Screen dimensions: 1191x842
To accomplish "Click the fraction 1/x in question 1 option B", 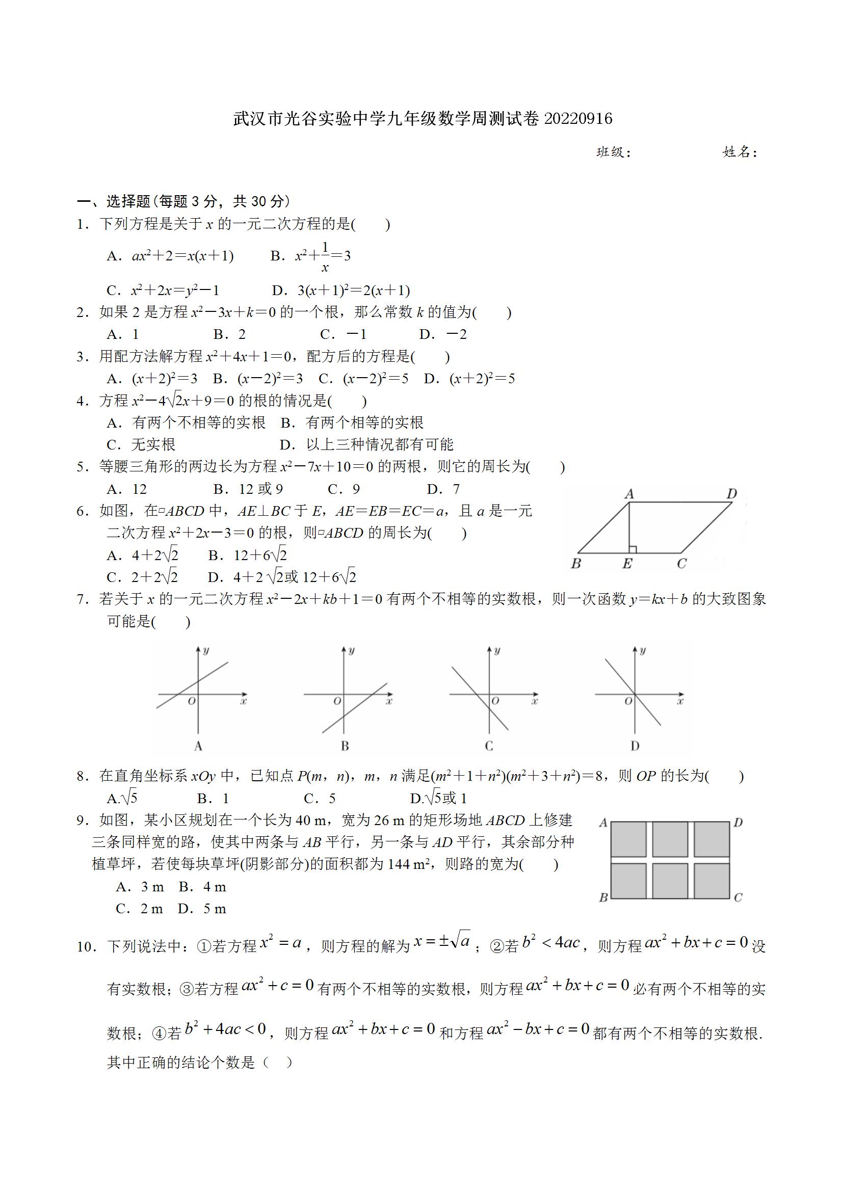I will point(325,257).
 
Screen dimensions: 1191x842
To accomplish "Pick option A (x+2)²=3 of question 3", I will point(152,379).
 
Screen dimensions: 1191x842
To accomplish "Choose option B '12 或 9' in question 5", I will point(248,489).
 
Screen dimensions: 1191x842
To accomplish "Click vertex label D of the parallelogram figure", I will point(731,493).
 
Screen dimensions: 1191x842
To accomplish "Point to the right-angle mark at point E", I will point(633,549).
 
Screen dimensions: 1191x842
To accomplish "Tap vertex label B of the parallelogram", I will point(575,564).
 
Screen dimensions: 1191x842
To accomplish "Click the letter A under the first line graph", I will point(198,746).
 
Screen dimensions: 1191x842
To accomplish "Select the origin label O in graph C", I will point(495,701).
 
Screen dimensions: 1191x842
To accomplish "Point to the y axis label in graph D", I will point(643,650).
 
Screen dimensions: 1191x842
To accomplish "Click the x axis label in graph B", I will point(389,701).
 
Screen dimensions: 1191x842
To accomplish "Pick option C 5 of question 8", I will point(320,798).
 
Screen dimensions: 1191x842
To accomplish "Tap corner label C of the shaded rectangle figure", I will point(738,897).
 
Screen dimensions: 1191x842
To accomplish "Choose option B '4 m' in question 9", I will point(203,887).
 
